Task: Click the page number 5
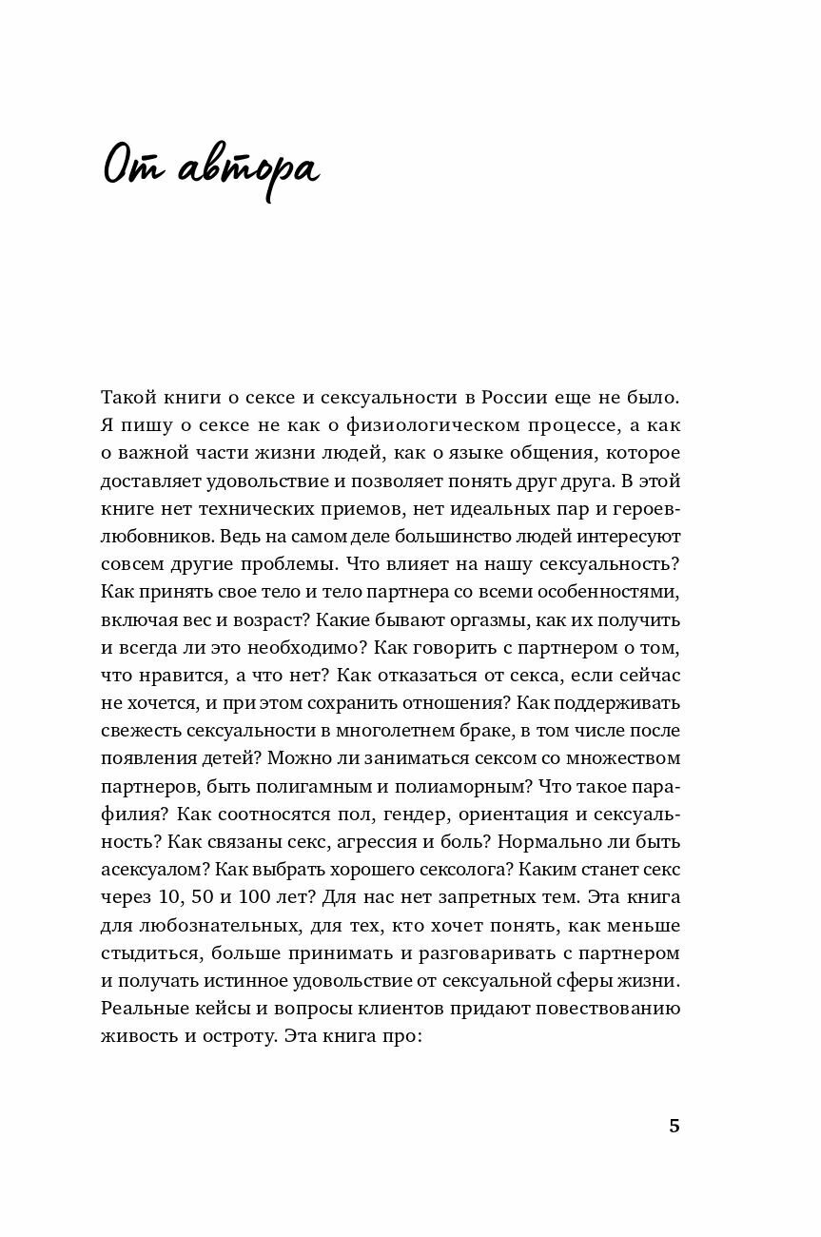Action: (674, 1126)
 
